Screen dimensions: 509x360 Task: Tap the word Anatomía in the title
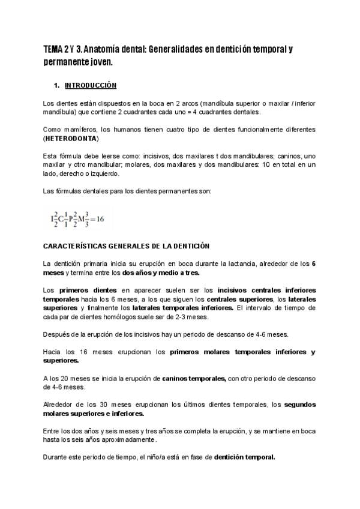coord(101,49)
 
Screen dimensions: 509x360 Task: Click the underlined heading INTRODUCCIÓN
coord(90,85)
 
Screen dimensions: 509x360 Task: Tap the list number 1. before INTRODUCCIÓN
coord(57,85)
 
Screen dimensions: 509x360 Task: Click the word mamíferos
coord(82,130)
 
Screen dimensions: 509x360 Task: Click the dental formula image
coord(78,219)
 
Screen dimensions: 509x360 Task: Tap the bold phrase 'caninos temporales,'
coord(194,379)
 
